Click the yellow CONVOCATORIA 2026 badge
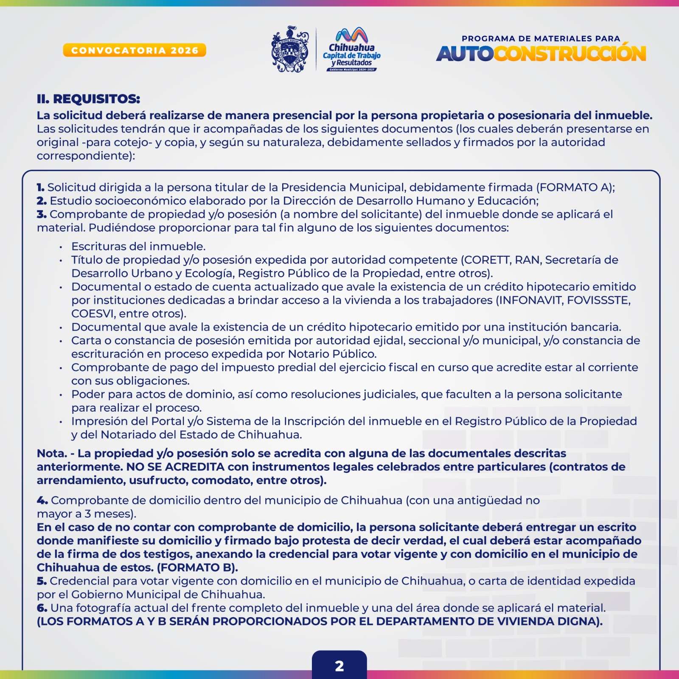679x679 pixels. tap(135, 50)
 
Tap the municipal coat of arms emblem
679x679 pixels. tap(290, 49)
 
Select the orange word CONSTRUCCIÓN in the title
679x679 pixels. tap(570, 54)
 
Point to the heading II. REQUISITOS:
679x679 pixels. tap(88, 99)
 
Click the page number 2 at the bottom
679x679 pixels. tap(339, 666)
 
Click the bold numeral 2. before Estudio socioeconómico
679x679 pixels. tap(42, 201)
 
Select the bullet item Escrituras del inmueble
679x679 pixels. tap(138, 246)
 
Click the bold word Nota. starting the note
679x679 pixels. tap(52, 453)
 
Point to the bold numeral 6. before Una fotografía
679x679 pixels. tap(42, 608)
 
